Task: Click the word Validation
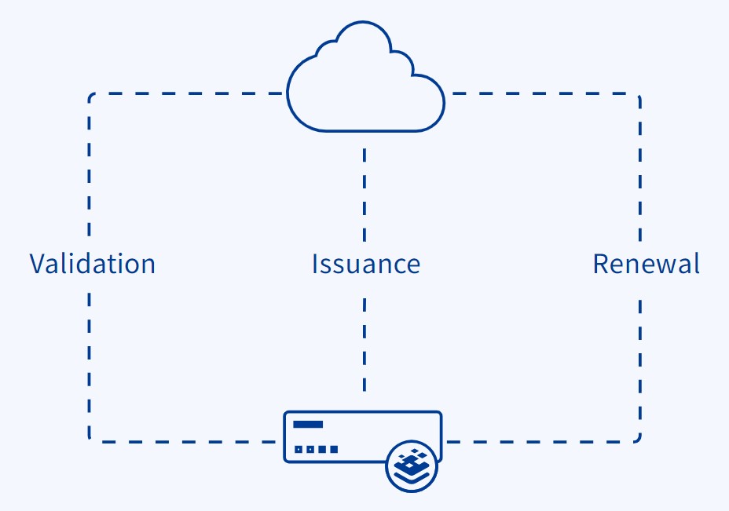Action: (x=93, y=264)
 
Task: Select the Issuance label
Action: (x=366, y=264)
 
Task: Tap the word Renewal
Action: (x=647, y=264)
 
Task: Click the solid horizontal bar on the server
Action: (x=308, y=424)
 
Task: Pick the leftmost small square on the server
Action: (x=298, y=449)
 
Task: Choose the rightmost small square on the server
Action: (x=334, y=449)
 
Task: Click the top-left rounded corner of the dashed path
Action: (x=90, y=95)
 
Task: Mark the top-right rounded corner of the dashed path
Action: (x=639, y=95)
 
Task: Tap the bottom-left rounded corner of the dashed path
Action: (x=90, y=440)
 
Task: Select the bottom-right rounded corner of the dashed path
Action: (x=639, y=440)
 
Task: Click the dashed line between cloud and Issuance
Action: (x=364, y=195)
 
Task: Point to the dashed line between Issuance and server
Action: (x=364, y=345)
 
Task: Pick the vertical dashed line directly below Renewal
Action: (x=640, y=367)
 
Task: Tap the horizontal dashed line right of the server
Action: (x=540, y=442)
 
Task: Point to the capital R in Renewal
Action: (x=601, y=264)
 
